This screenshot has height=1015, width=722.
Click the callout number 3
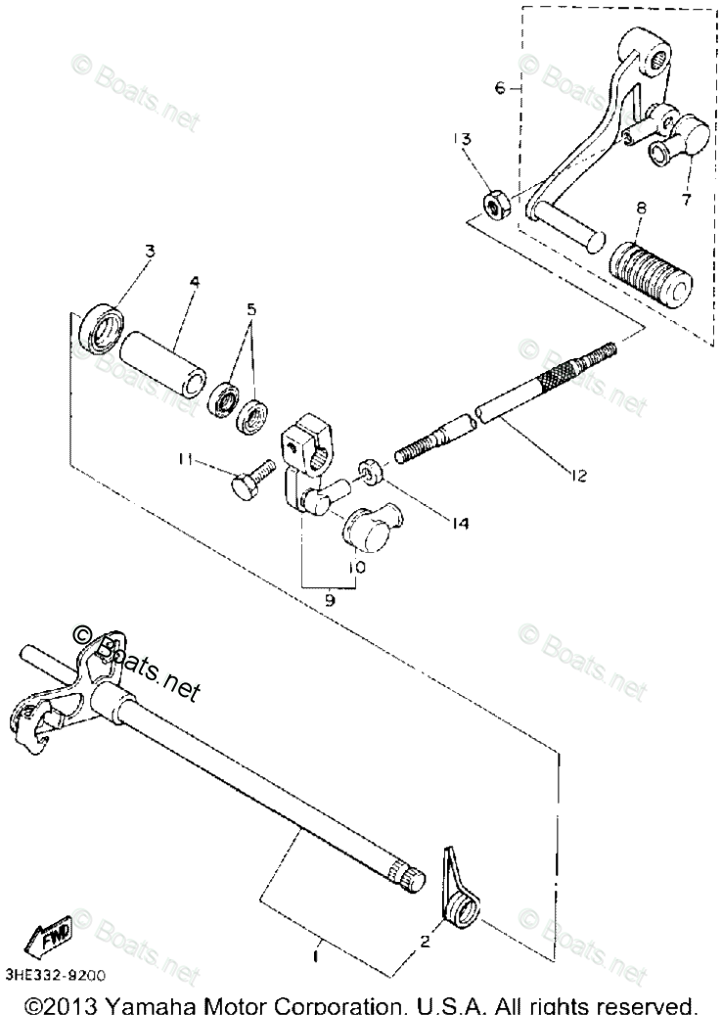coord(150,251)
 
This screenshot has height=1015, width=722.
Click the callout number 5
coord(252,309)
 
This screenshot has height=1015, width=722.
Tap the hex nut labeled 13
coord(494,207)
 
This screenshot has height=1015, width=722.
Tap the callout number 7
coord(686,201)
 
